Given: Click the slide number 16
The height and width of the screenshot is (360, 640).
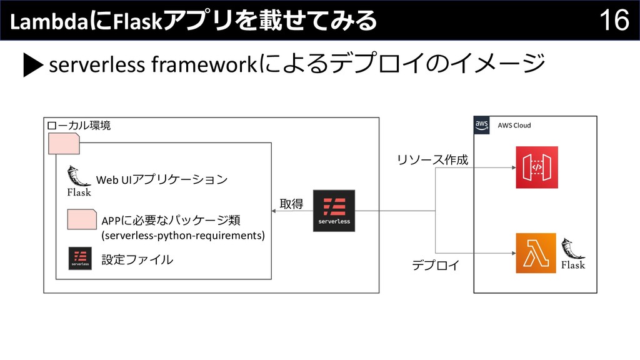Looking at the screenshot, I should (x=615, y=21).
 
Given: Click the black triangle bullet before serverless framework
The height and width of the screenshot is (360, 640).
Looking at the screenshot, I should (x=33, y=65).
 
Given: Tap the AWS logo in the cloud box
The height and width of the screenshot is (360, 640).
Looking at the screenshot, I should (x=482, y=125).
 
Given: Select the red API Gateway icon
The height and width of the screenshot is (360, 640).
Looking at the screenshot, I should (x=536, y=167).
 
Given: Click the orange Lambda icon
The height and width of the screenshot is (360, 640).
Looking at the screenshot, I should (x=536, y=253).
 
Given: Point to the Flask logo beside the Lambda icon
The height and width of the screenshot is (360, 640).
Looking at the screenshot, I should (x=572, y=254).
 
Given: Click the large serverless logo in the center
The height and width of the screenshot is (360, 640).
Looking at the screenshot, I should (x=334, y=211).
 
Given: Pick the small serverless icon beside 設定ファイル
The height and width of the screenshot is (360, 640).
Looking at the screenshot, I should (x=80, y=258).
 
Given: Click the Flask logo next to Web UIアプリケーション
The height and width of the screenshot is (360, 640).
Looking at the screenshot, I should (x=79, y=181).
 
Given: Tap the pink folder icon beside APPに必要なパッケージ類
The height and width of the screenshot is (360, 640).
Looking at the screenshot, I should (x=81, y=221).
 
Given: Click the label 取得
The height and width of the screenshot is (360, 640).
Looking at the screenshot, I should (x=291, y=204).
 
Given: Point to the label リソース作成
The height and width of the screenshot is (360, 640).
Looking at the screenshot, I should (x=432, y=160).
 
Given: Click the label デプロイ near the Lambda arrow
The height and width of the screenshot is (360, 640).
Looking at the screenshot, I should (x=434, y=266).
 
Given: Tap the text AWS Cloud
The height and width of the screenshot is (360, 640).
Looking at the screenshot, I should (x=514, y=126).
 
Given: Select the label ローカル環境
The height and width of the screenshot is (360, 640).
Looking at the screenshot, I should (x=79, y=126).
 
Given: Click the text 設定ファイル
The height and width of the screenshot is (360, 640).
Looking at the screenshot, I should (x=137, y=259).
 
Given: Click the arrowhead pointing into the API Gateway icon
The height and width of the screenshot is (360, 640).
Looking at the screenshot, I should (x=512, y=167).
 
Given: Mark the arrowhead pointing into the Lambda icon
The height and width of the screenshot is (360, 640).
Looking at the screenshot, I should (x=512, y=253).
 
